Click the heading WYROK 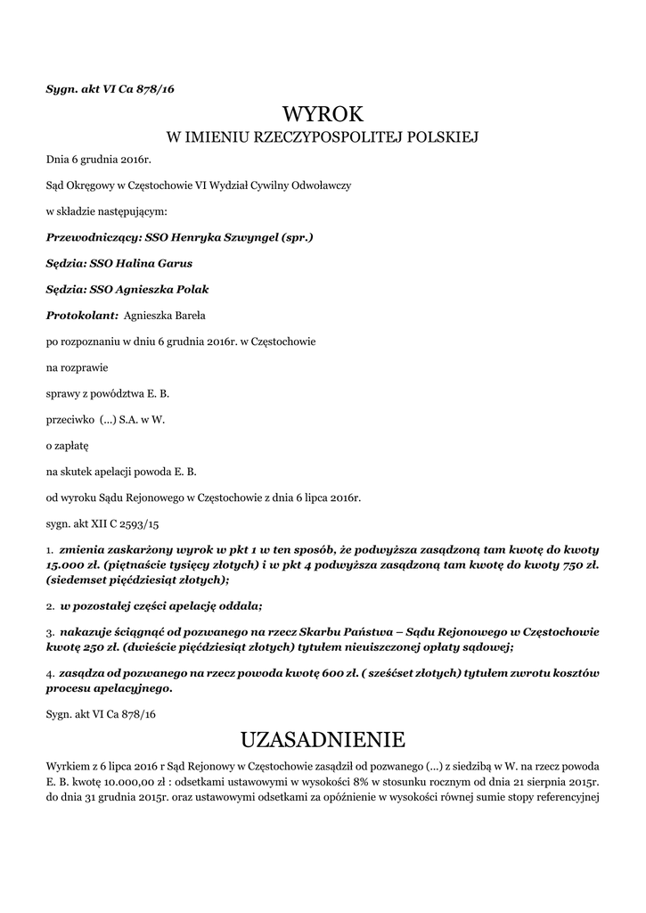323,113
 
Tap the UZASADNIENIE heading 323,739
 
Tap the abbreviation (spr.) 297,238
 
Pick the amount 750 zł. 582,564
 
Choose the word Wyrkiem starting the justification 67,767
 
